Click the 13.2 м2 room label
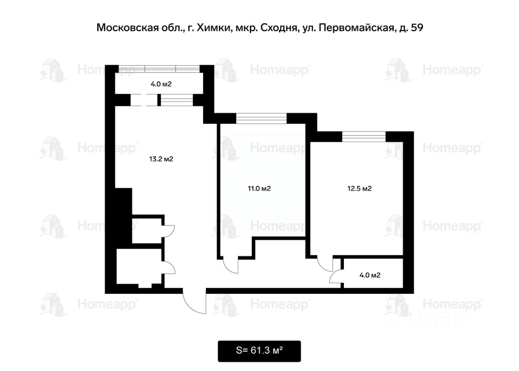(x=161, y=159)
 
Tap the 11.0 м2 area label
(x=259, y=188)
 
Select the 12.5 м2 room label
(x=359, y=188)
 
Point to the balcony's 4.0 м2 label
(x=161, y=84)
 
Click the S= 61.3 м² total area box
(x=259, y=351)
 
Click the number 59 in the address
(x=417, y=28)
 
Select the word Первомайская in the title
(x=356, y=28)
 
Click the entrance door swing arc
(x=191, y=306)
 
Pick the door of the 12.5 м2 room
(x=325, y=267)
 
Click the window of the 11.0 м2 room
(x=262, y=118)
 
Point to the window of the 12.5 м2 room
(x=364, y=136)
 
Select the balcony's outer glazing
(x=159, y=69)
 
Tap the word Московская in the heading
(x=127, y=28)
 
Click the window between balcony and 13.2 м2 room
(x=177, y=100)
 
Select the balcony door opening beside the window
(x=144, y=100)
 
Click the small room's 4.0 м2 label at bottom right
(x=370, y=275)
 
